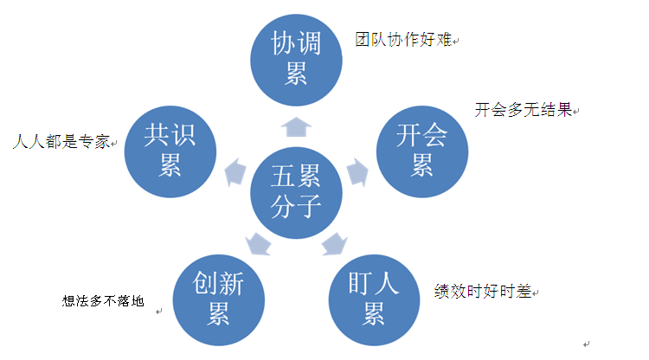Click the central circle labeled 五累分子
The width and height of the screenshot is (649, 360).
click(x=296, y=193)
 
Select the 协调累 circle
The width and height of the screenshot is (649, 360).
click(x=296, y=60)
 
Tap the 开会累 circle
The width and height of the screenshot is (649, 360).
click(x=422, y=151)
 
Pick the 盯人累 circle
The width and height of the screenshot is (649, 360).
click(x=374, y=300)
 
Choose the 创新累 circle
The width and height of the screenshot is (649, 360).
click(x=219, y=300)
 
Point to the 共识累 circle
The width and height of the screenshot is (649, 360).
click(x=170, y=151)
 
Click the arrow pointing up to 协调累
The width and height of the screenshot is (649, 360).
click(x=296, y=126)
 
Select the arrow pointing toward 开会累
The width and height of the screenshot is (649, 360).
click(x=357, y=171)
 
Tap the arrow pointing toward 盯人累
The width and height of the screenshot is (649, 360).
click(x=334, y=244)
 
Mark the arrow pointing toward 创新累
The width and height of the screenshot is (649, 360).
click(x=258, y=244)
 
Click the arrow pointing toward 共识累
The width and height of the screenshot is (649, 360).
click(x=235, y=171)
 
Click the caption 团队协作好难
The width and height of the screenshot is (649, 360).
click(x=403, y=40)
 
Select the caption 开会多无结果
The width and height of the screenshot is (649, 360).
click(x=524, y=110)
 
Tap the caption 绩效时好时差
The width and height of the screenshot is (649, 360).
click(x=483, y=292)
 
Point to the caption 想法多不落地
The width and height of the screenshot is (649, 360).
click(x=103, y=301)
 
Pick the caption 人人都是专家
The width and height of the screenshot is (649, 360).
click(x=61, y=142)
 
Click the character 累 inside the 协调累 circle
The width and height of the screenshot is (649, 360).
click(x=296, y=74)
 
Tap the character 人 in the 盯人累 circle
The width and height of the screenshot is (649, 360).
click(x=387, y=283)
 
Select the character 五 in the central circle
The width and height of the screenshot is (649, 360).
click(x=283, y=176)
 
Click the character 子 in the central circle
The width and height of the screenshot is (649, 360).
click(x=309, y=206)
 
